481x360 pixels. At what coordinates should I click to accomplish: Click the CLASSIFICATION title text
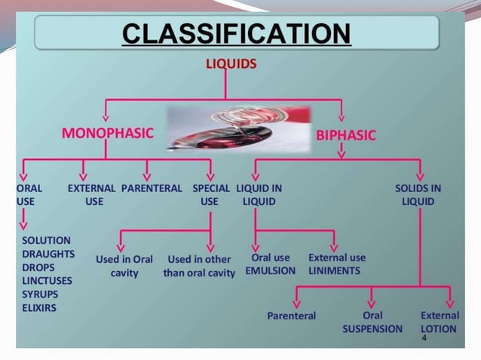point(236,35)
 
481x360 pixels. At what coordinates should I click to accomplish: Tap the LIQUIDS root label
point(231,64)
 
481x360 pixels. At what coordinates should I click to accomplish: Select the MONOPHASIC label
point(107,134)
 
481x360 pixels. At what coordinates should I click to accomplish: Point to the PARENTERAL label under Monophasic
point(152,188)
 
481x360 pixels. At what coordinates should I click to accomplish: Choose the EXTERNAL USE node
point(92,195)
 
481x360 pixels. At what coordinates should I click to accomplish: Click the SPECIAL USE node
point(210,195)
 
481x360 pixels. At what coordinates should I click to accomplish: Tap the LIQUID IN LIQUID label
point(259,195)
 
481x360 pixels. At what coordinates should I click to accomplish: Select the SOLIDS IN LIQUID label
point(418,195)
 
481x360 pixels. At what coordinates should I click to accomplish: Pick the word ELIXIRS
point(39,308)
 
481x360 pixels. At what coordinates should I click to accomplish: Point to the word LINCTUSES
point(47,281)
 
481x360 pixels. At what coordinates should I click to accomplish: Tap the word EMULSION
point(271,270)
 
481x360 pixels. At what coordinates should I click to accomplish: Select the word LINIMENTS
point(335,270)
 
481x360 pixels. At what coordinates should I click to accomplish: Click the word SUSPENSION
point(372,329)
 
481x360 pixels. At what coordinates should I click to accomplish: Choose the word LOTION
point(439,329)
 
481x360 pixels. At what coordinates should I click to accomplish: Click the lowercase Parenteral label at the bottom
point(291,316)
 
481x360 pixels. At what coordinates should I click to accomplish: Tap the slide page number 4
point(424,340)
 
